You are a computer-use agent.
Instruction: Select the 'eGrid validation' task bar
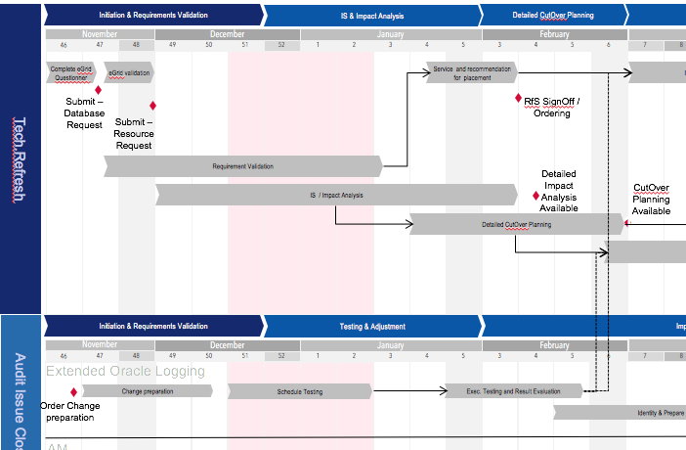(129, 72)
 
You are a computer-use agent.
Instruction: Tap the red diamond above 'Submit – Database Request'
(99, 90)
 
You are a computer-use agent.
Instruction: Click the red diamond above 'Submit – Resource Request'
(152, 106)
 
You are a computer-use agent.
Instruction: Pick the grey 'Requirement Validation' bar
(243, 166)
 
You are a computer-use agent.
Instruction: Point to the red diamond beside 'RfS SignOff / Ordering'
(518, 98)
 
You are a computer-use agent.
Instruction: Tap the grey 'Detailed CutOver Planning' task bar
(516, 224)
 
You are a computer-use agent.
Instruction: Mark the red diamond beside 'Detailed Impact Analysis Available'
(535, 196)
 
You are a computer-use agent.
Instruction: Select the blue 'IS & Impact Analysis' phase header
(371, 15)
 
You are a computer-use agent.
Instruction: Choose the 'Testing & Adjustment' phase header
(371, 326)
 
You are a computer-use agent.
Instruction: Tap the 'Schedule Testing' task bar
(299, 391)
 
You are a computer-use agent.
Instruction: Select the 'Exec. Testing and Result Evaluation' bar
(515, 391)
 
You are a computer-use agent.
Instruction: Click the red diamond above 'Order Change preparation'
(73, 391)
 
